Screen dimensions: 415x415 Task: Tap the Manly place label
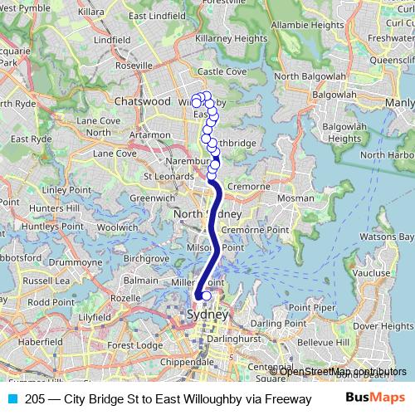point(400,102)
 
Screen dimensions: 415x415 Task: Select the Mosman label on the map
point(295,199)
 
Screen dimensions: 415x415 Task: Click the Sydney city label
point(207,315)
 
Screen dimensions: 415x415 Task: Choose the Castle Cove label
point(223,72)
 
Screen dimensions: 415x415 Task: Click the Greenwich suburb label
point(153,198)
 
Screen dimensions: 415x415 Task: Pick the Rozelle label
point(125,298)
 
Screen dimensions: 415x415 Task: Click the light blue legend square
point(12,398)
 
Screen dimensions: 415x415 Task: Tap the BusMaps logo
point(374,398)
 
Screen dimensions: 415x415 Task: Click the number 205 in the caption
point(36,398)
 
